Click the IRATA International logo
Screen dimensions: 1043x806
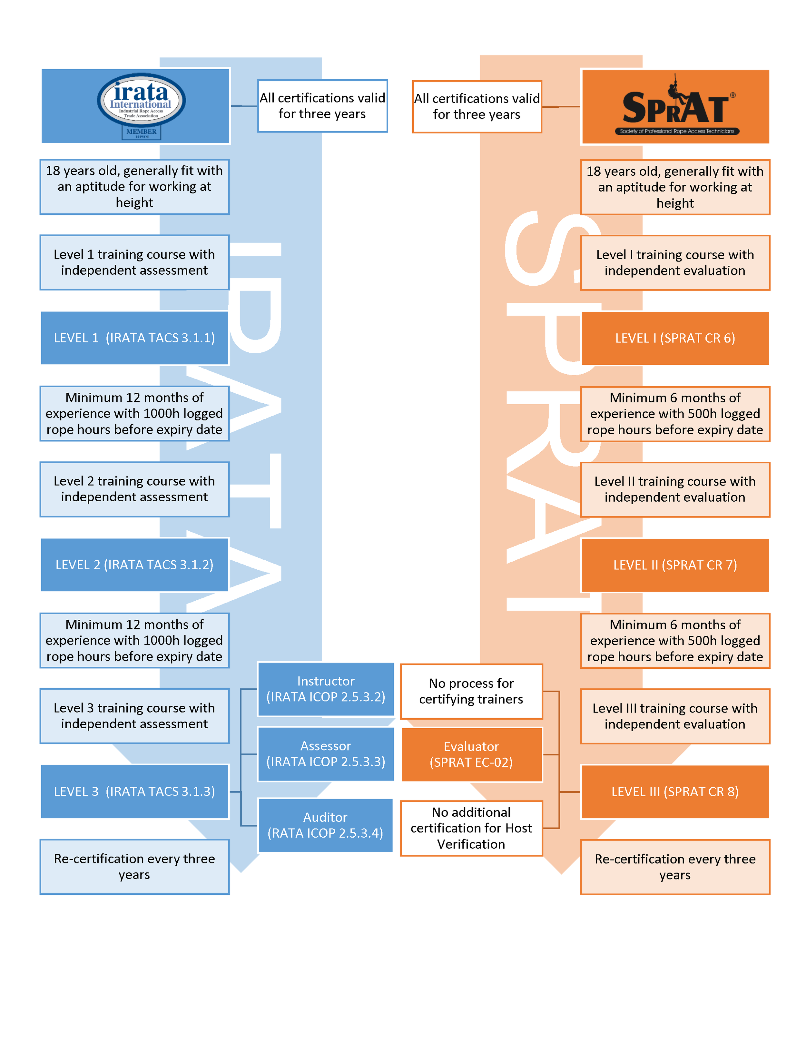pyautogui.click(x=141, y=100)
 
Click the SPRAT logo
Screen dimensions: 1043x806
pyautogui.click(x=675, y=107)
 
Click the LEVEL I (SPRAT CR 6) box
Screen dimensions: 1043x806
pyautogui.click(x=675, y=339)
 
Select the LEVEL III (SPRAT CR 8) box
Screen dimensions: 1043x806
pyautogui.click(x=675, y=792)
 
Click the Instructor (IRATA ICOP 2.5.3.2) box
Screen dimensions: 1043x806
pyautogui.click(x=326, y=689)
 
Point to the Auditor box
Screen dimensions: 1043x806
pyautogui.click(x=325, y=825)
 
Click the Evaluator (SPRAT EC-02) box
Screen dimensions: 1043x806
pyautogui.click(x=471, y=754)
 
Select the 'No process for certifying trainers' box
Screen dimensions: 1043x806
pyautogui.click(x=471, y=691)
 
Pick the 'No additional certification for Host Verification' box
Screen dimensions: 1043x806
pyautogui.click(x=471, y=828)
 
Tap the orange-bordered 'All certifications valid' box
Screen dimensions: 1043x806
pyautogui.click(x=477, y=106)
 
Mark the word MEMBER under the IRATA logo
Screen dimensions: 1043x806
pyautogui.click(x=141, y=131)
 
